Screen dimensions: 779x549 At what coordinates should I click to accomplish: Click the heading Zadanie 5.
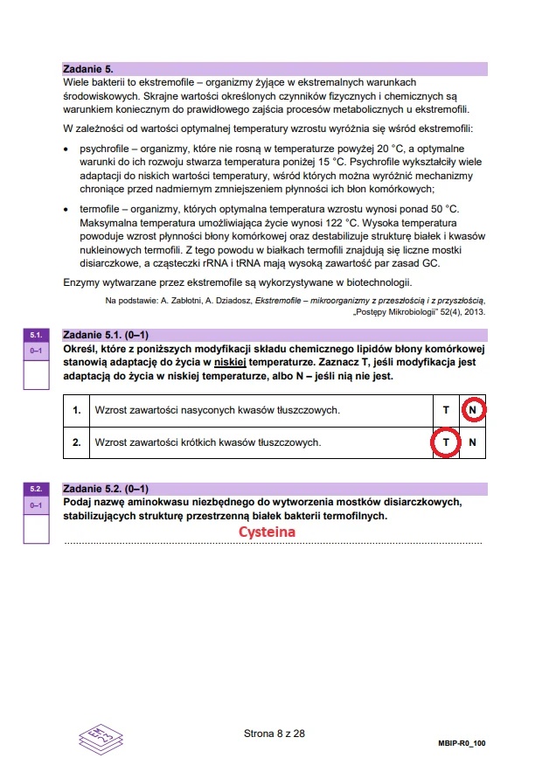(x=88, y=67)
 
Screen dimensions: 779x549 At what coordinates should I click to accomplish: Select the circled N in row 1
(x=472, y=409)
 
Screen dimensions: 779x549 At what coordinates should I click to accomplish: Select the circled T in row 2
(x=445, y=442)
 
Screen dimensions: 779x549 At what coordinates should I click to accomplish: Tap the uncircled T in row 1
(x=445, y=409)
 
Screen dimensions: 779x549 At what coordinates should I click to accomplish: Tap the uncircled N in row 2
(x=472, y=442)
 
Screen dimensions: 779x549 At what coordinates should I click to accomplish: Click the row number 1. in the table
(x=77, y=409)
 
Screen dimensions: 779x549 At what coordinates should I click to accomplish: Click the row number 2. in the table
(x=77, y=442)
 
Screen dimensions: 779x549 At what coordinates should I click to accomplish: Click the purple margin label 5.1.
(x=36, y=335)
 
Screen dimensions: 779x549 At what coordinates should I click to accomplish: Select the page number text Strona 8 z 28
(x=274, y=733)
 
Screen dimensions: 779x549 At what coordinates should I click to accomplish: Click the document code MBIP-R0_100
(x=461, y=741)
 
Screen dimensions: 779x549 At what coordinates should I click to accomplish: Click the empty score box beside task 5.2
(x=36, y=530)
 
